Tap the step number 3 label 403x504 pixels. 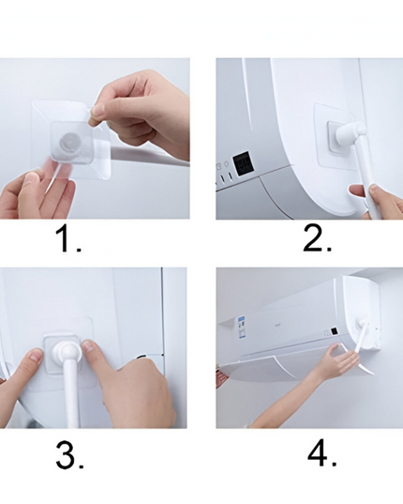(69, 455)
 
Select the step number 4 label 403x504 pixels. (322, 453)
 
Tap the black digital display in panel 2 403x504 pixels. (244, 163)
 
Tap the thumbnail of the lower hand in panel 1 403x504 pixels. (33, 176)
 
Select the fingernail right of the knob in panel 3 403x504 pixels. (89, 347)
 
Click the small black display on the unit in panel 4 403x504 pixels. (334, 331)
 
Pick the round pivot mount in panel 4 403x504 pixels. (362, 323)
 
